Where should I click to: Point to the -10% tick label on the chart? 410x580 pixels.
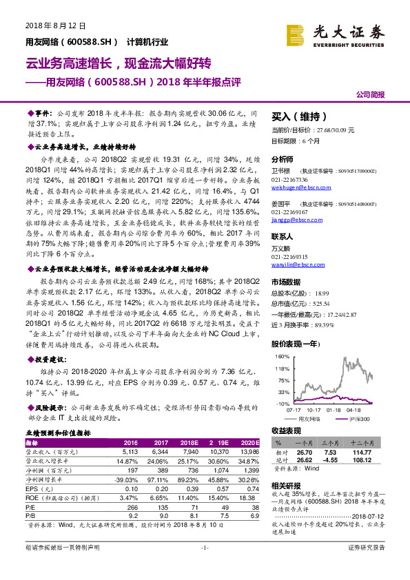282,404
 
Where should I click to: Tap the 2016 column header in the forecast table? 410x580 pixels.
130,443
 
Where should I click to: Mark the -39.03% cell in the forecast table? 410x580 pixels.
127,478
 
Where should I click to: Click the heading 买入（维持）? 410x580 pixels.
294,116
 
